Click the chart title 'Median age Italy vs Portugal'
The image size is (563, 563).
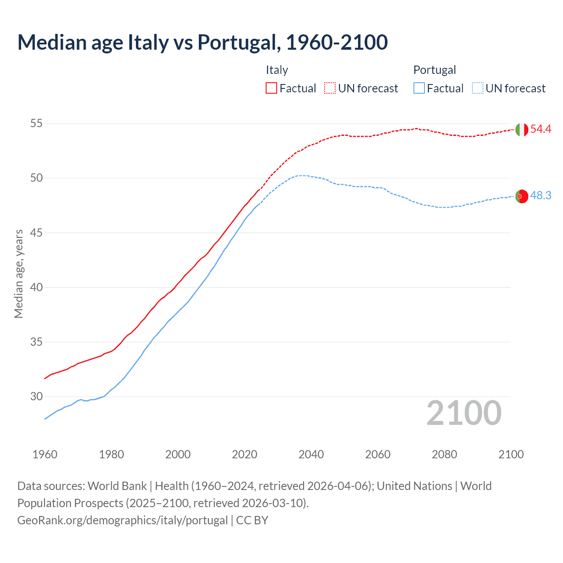pos(202,42)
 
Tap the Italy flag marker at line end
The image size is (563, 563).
pos(521,130)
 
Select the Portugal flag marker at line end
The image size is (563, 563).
pos(521,196)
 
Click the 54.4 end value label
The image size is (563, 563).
pos(541,129)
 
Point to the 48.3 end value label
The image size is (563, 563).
pos(541,196)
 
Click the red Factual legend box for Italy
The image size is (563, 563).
pos(271,88)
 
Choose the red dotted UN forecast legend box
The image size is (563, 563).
pos(330,88)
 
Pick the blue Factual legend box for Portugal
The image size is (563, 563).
pos(419,88)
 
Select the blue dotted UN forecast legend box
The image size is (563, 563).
pos(477,88)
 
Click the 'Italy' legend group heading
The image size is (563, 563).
pos(277,70)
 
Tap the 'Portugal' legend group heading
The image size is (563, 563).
pos(434,70)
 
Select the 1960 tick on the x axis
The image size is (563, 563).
pos(45,454)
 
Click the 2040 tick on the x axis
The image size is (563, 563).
pos(311,454)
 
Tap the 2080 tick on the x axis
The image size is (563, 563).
pos(444,454)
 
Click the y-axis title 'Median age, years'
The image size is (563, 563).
pos(18,274)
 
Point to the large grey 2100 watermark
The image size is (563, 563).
pos(464,413)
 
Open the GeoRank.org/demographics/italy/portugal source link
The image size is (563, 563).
pos(122,520)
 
